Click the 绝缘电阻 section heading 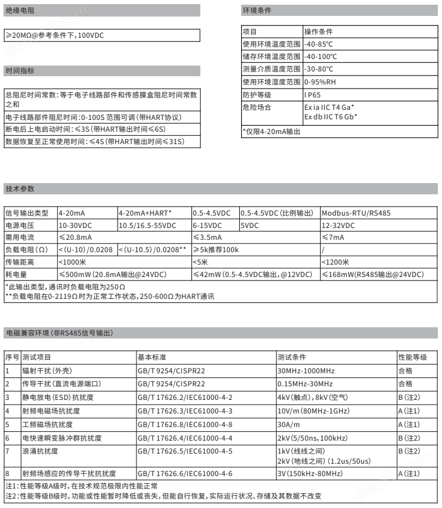(x=20, y=10)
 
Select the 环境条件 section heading (x=258, y=10)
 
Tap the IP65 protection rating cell (x=313, y=95)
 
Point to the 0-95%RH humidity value (x=320, y=82)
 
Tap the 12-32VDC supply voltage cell (x=339, y=225)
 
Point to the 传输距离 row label (x=17, y=262)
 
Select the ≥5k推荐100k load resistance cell (x=216, y=250)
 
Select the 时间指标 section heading (x=20, y=71)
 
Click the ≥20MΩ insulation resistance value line (x=56, y=35)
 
